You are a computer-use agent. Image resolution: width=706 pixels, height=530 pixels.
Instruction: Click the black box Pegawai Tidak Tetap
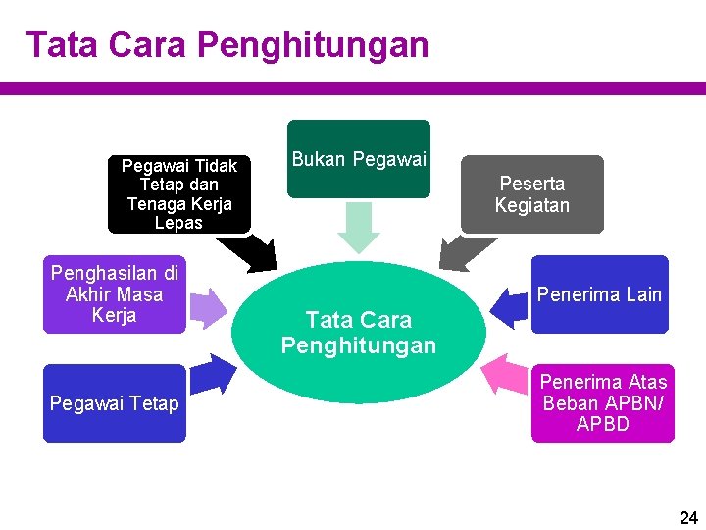[178, 194]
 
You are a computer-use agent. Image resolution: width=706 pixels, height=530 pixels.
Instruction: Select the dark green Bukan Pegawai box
[359, 159]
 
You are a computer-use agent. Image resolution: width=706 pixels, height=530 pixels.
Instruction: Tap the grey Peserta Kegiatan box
[531, 194]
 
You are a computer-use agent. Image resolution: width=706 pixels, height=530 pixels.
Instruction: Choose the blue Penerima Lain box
[599, 294]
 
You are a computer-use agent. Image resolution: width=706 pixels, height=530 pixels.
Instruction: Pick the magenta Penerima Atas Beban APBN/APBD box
[603, 403]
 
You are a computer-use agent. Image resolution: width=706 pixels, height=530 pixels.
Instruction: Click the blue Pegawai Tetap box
[114, 403]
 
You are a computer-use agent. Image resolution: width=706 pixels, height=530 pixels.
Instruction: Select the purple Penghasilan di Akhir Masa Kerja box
[114, 294]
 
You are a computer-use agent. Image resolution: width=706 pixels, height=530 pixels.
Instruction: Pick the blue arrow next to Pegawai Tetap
[215, 374]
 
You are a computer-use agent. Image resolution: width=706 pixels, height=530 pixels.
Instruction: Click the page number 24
[688, 517]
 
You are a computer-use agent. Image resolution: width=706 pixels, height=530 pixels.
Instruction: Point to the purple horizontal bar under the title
[353, 88]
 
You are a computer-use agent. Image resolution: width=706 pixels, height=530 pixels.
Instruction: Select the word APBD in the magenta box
[603, 425]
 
